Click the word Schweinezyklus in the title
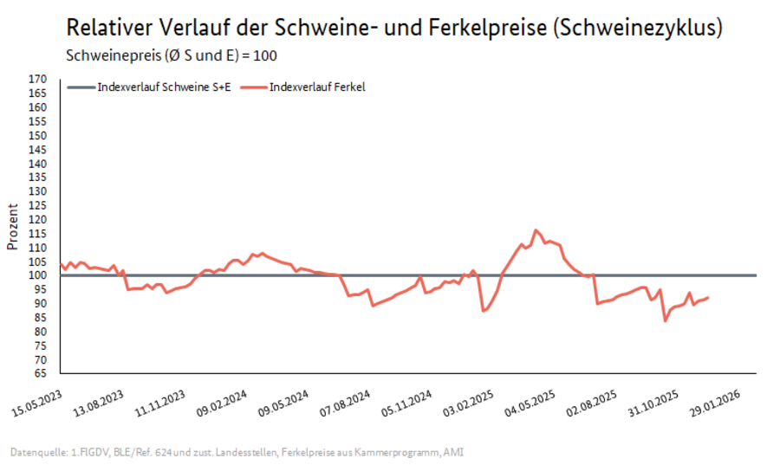click(x=638, y=29)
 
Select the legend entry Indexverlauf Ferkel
click(x=316, y=87)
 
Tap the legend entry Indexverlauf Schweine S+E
click(x=164, y=87)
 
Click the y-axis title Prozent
click(x=12, y=226)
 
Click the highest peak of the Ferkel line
click(x=536, y=230)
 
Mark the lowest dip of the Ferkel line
click(x=665, y=321)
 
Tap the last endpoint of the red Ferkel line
click(x=708, y=298)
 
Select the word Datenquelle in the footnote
click(x=36, y=451)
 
